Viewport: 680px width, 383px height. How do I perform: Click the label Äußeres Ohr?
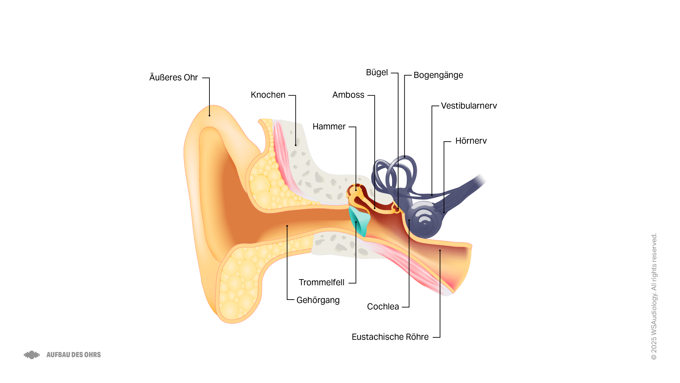coord(173,78)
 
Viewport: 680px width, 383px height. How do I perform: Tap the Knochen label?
coord(268,95)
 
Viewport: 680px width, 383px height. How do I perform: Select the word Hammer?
coord(329,127)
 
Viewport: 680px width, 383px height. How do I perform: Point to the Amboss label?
coord(348,95)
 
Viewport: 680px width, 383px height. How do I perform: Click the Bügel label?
coord(377,73)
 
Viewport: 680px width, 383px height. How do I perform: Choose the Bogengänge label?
coord(438,75)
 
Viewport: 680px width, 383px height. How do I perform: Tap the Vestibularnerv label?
coord(469,106)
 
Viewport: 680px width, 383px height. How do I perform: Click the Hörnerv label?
coord(471,141)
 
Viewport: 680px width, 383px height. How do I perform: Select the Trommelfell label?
coord(321,283)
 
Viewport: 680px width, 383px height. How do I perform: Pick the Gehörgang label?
coord(318,300)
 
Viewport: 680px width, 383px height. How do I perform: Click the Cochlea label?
coord(383,307)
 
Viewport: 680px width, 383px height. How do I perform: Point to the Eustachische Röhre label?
coord(390,337)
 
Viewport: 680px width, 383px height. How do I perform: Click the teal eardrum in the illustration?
coord(360,221)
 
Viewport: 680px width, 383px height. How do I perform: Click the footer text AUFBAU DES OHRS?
coord(73,355)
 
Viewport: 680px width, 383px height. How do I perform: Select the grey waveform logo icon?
coord(32,355)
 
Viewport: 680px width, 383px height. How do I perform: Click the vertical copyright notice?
coord(654,296)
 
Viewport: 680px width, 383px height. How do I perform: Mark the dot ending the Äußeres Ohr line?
coord(209,116)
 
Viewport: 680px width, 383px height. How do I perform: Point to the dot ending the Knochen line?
coord(295,145)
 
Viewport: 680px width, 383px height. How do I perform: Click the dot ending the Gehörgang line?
coord(287,226)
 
